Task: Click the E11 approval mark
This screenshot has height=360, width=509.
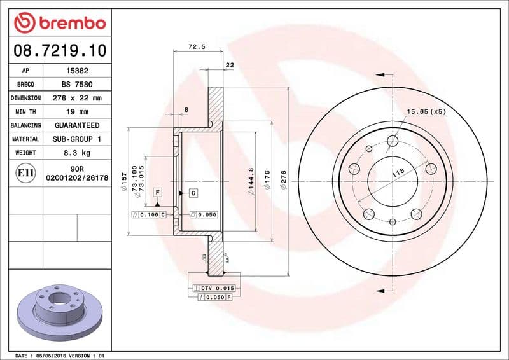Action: [x=25, y=172]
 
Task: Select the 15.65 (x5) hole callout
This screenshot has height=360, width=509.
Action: [x=426, y=112]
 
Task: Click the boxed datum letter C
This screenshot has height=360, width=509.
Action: [x=192, y=192]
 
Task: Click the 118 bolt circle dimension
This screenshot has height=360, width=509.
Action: [x=398, y=172]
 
